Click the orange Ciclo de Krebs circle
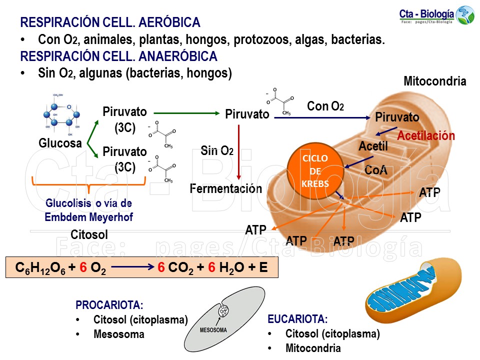point(315,171)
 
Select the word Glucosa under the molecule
point(60,143)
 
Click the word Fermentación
point(226,188)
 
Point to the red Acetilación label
point(426,136)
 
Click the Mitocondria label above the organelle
point(434,81)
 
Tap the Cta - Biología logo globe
point(465,15)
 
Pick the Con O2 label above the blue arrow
point(325,106)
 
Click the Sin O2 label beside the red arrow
point(217,150)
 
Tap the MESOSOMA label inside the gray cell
point(213,330)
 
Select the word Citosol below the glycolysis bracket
point(89,234)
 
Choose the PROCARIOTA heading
point(109,305)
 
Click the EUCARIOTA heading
point(297,319)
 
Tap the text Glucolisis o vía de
point(88,203)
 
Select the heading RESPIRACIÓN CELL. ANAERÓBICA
point(118,56)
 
